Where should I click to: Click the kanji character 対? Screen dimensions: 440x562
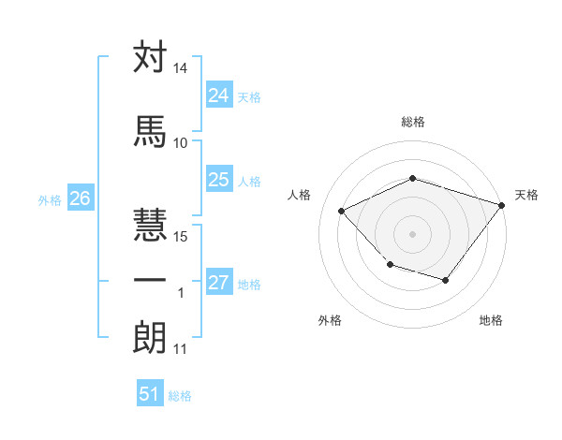pos(150,58)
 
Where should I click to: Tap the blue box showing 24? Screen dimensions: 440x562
pos(218,95)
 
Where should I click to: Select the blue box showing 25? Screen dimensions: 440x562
pos(218,180)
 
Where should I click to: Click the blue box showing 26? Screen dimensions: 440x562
pos(80,198)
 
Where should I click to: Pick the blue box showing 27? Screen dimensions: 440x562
pos(218,283)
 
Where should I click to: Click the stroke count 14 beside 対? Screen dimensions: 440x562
pos(180,69)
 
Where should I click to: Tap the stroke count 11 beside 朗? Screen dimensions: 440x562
pos(180,349)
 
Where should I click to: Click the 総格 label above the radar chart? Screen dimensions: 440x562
pos(412,122)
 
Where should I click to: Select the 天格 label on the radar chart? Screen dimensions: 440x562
pos(526,195)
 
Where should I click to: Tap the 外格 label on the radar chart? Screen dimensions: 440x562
pos(330,320)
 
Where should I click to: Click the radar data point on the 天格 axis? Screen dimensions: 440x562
pos(502,203)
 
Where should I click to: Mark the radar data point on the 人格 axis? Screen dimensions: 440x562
pos(342,211)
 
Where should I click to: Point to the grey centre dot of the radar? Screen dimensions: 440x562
pos(412,233)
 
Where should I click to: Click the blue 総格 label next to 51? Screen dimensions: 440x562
pos(180,396)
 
